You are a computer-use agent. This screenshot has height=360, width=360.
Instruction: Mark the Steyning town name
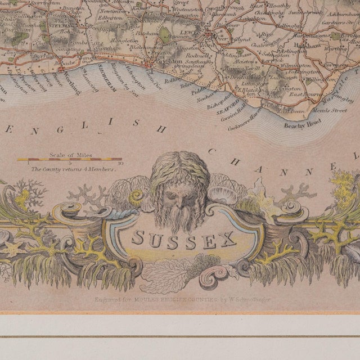(60, 25)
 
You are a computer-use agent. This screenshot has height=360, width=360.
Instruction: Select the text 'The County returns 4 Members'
(74, 168)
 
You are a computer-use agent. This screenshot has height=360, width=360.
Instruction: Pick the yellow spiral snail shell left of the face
(137, 196)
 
